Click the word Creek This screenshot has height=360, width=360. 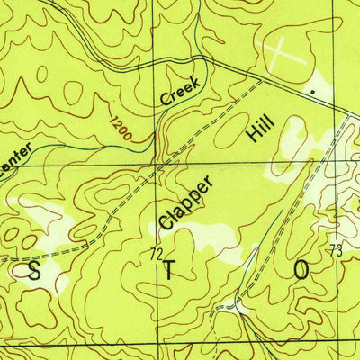tap(179, 91)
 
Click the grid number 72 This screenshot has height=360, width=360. tap(156, 256)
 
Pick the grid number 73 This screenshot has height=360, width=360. tap(336, 249)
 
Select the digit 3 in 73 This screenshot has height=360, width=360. tap(339, 249)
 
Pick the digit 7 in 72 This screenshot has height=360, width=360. tap(152, 256)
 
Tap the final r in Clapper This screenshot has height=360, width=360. tap(210, 180)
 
